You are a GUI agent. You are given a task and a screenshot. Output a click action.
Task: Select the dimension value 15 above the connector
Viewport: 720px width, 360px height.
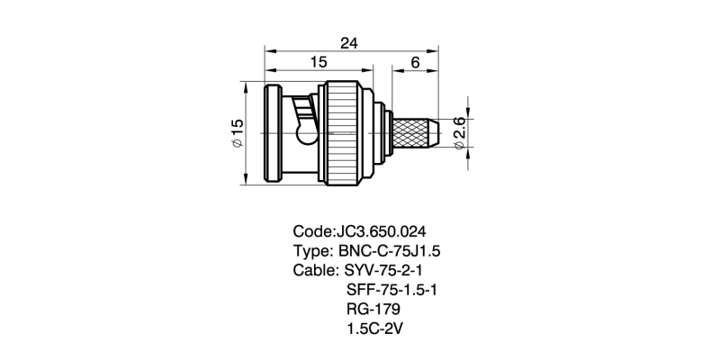pyautogui.click(x=319, y=62)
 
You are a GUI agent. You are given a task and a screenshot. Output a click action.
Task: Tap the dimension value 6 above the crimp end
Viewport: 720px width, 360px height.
pyautogui.click(x=415, y=62)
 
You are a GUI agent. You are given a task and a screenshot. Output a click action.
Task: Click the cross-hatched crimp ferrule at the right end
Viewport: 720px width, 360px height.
pyautogui.click(x=417, y=132)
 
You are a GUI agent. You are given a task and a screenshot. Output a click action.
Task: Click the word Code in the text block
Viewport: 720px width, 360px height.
pyautogui.click(x=313, y=229)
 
